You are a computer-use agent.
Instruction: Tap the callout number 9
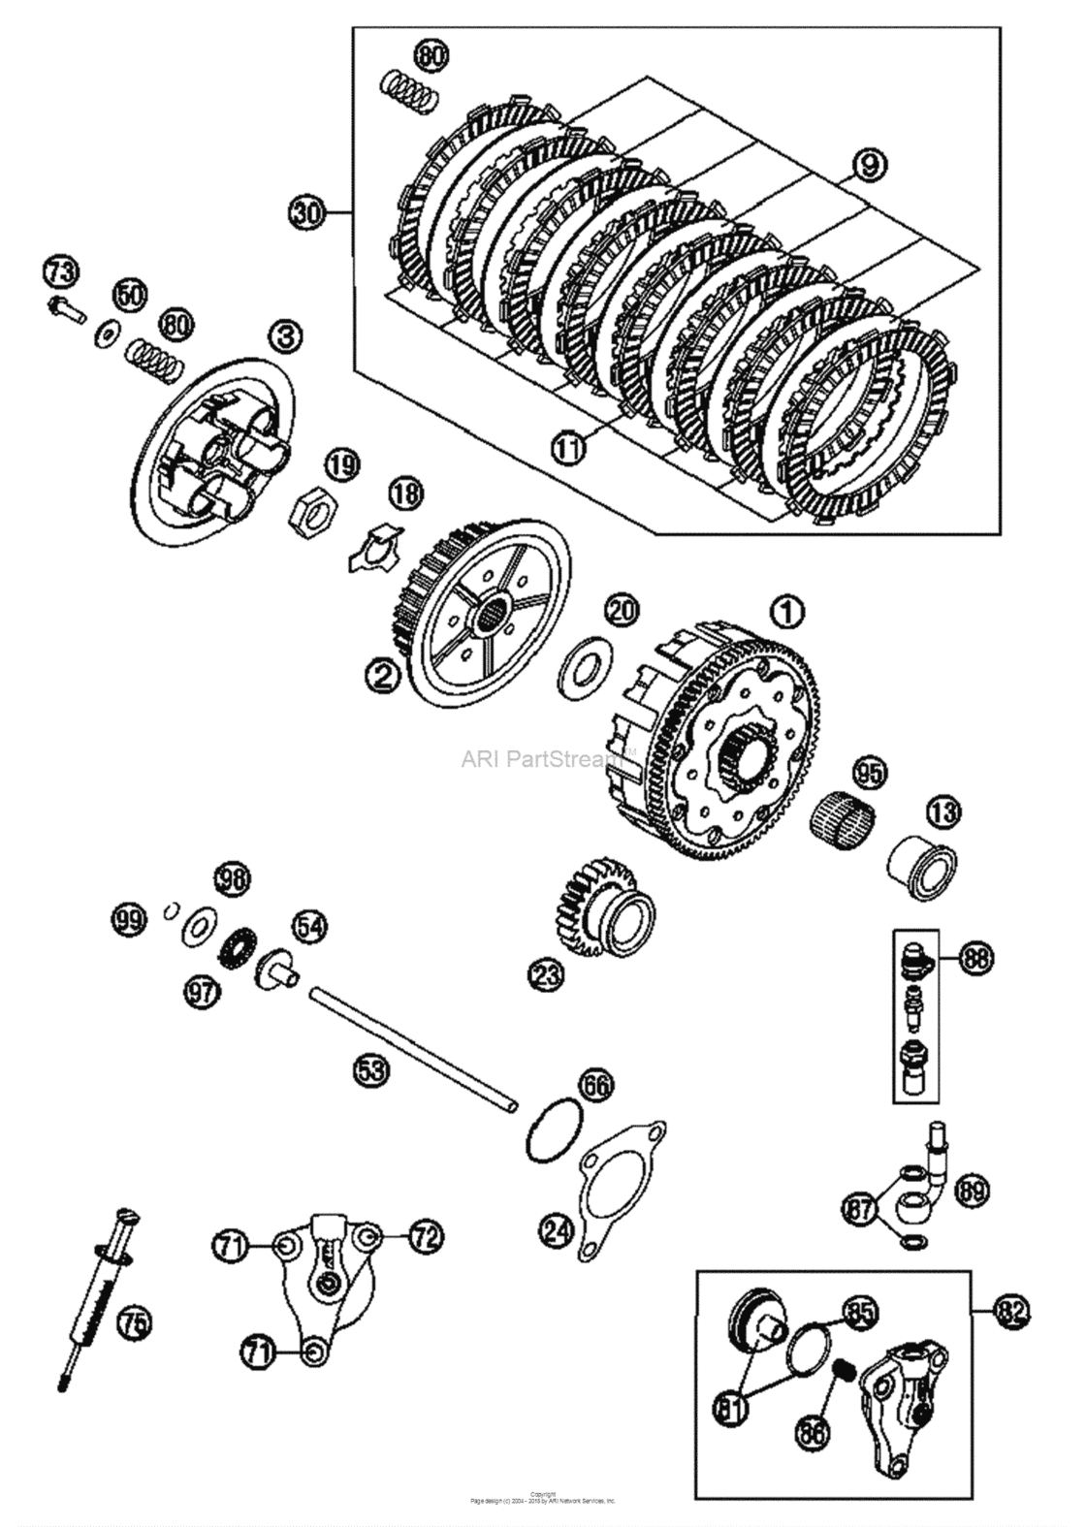tap(870, 166)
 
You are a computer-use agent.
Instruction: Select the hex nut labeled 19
tap(313, 507)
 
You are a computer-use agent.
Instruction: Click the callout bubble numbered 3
tap(285, 337)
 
